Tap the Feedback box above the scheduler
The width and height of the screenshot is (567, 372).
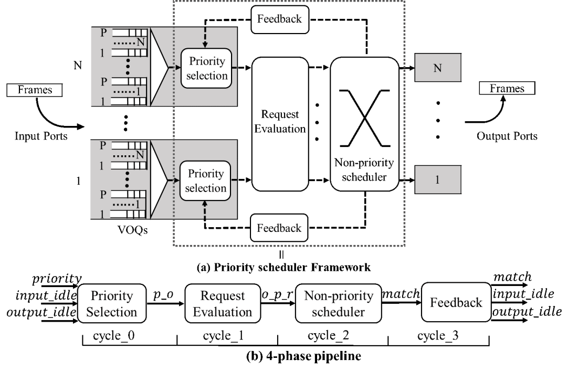point(279,19)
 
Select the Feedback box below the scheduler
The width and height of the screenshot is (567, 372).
point(279,228)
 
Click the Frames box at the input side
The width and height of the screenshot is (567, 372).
point(35,90)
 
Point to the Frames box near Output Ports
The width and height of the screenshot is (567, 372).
point(507,88)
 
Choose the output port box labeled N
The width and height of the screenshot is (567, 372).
point(437,68)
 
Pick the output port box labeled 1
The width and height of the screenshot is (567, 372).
point(437,180)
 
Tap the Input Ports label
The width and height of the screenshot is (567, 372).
point(41,136)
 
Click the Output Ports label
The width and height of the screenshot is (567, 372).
point(507,136)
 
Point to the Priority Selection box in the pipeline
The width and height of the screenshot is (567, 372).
point(111,304)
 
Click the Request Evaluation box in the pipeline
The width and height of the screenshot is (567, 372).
point(223,304)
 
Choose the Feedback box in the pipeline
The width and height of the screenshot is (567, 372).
point(456,302)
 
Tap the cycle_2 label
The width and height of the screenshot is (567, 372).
point(328,335)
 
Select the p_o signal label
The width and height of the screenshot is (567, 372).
point(164,294)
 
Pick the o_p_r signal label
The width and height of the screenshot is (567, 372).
point(277,294)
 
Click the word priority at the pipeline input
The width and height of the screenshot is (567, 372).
point(57,278)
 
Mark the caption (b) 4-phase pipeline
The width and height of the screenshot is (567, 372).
point(303,356)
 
